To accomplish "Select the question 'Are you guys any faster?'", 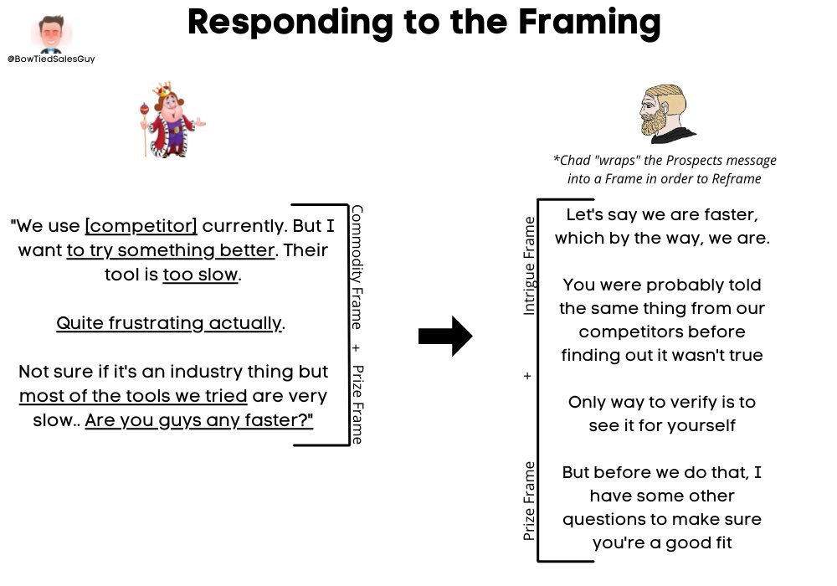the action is click(199, 420).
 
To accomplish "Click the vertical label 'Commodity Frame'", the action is click(357, 269).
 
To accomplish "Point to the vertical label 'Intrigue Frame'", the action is click(529, 265).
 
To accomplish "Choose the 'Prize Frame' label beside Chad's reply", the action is click(529, 500).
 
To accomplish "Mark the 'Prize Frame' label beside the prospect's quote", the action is click(357, 404).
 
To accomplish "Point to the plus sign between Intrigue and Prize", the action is click(527, 377).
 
